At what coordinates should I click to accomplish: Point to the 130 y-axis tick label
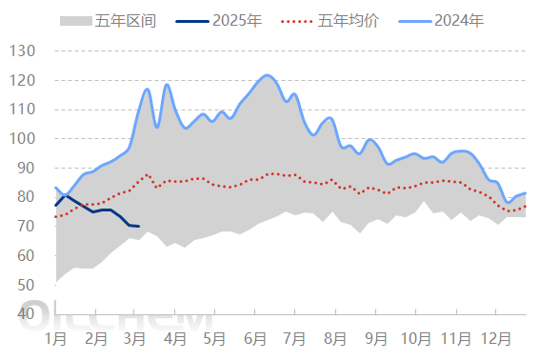pos(22,50)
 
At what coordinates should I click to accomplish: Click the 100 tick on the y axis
pos(22,138)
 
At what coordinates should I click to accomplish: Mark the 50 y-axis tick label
pos(26,285)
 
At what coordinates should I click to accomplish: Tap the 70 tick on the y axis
pos(26,226)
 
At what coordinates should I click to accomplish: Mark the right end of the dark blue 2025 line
pos(139,227)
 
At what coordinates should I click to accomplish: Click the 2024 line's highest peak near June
pos(267,74)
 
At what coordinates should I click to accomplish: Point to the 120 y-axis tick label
pos(22,80)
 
